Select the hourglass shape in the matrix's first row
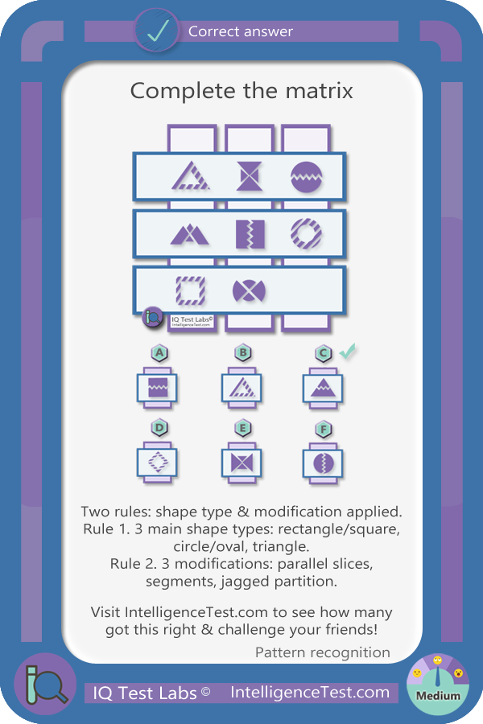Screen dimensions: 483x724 coord(249,176)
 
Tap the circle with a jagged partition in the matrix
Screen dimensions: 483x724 coord(306,177)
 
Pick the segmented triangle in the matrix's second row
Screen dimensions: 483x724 coord(189,234)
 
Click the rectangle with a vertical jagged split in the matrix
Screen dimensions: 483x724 coord(250,234)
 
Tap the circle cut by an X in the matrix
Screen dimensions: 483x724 coord(249,291)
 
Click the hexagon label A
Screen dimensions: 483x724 coord(159,353)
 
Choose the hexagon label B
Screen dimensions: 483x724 coord(242,353)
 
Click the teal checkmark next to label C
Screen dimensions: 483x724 coord(347,352)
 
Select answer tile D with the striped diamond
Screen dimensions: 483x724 coord(157,463)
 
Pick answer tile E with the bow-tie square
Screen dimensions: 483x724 coord(242,463)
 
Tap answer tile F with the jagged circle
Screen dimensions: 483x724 coord(323,463)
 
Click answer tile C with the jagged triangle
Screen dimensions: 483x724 coord(323,389)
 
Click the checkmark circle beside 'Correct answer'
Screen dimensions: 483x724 coord(157,31)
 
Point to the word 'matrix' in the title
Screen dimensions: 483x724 coord(319,90)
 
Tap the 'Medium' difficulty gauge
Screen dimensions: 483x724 coord(438,685)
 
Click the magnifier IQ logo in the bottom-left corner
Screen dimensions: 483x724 coord(45,685)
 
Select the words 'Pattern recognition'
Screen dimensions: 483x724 coord(323,652)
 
